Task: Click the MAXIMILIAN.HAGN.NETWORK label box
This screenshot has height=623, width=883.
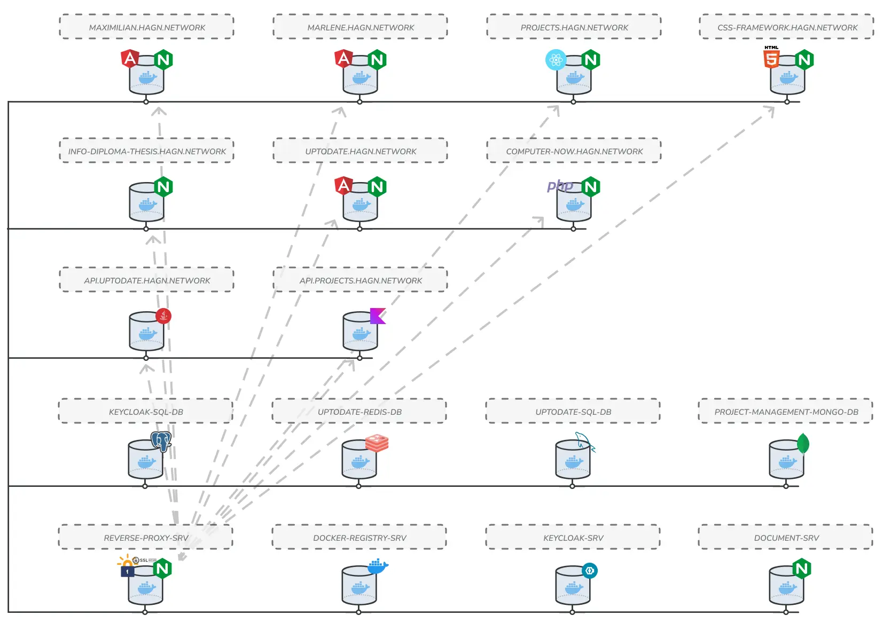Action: click(146, 27)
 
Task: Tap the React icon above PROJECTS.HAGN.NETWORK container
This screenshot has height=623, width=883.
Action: click(556, 60)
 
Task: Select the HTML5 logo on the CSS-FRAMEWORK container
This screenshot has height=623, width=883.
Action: click(771, 57)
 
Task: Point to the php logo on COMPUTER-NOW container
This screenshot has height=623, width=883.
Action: click(559, 186)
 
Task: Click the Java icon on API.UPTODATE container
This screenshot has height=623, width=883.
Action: click(163, 316)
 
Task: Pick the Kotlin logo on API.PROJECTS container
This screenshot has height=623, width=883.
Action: click(378, 316)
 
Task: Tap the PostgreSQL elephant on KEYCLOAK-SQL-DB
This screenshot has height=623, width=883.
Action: click(160, 441)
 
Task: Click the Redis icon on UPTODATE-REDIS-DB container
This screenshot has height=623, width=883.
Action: click(377, 443)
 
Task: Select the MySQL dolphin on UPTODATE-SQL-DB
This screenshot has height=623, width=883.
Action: click(584, 442)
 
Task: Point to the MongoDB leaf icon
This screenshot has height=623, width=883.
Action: click(803, 444)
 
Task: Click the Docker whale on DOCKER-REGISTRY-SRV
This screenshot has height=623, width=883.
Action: click(378, 566)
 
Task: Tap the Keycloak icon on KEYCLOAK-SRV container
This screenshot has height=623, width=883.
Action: click(589, 570)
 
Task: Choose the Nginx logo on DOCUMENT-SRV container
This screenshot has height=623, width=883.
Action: click(801, 569)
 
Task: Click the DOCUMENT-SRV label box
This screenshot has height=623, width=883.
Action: click(785, 538)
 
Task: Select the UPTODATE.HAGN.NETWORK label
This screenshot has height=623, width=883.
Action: click(360, 151)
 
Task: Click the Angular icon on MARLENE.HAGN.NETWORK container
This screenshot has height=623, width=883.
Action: click(344, 58)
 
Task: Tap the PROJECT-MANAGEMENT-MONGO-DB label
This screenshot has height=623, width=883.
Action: click(785, 412)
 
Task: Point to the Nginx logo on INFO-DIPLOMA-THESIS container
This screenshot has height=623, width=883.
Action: click(163, 187)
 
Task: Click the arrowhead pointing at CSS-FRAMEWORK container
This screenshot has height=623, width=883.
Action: click(770, 110)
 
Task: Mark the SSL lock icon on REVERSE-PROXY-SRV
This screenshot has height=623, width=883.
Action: click(128, 571)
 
